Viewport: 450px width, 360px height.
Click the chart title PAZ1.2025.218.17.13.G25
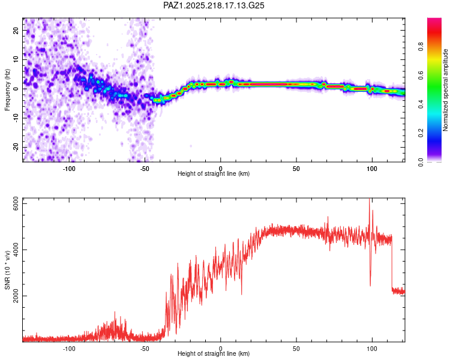[214, 5]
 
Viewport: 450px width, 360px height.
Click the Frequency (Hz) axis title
[7, 90]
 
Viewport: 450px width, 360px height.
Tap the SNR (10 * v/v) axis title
[7, 270]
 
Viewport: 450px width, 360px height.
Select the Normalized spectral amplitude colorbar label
[445, 90]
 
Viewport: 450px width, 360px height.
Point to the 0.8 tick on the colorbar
[421, 47]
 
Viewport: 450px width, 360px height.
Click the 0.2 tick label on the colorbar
[421, 133]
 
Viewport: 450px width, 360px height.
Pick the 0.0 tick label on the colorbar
[421, 162]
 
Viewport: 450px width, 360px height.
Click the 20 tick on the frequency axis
[16, 30]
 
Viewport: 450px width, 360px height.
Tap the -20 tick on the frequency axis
[16, 147]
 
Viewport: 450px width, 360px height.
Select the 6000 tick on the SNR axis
[16, 203]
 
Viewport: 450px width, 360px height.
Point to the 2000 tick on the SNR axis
[16, 296]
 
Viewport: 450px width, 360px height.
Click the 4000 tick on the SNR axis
[16, 250]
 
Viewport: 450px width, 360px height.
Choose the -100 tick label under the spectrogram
[69, 169]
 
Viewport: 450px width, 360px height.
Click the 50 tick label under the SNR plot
[296, 349]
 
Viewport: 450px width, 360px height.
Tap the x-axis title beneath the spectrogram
[214, 173]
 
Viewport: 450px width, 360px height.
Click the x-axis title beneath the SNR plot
[214, 353]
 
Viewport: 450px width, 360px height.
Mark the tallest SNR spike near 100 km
[370, 199]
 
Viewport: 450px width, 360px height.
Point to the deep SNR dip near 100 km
[370, 286]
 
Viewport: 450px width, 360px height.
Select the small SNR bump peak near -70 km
[115, 312]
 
